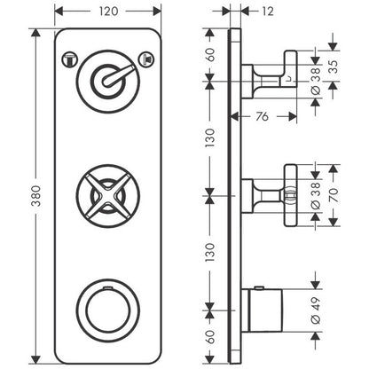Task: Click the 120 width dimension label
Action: (x=108, y=12)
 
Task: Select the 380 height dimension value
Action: (x=36, y=196)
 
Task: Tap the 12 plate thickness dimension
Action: (x=268, y=12)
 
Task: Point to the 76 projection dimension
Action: (x=262, y=116)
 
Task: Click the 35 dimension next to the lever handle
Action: (x=334, y=67)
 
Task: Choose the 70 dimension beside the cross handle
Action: (x=334, y=195)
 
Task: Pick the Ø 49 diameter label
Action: (x=316, y=310)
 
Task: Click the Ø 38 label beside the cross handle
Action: (x=316, y=195)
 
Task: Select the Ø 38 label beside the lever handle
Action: (x=316, y=81)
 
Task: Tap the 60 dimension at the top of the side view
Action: (x=210, y=55)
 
